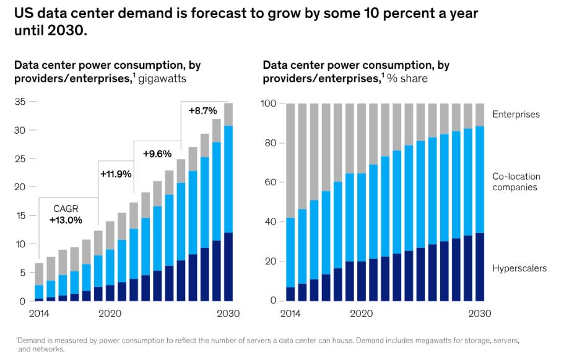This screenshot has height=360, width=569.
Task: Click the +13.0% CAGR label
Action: click(x=65, y=219)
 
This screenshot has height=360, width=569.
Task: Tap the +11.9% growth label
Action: click(x=116, y=174)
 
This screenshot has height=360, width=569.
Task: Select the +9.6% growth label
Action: click(x=157, y=154)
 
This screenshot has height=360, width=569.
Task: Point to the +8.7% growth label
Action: click(x=203, y=111)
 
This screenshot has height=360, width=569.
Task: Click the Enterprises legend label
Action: click(x=516, y=115)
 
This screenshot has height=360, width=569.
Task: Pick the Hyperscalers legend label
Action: click(x=519, y=268)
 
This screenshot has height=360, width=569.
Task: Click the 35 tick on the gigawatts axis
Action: click(x=20, y=102)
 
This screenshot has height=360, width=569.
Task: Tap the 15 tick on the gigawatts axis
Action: click(x=20, y=216)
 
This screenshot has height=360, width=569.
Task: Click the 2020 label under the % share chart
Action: click(x=361, y=314)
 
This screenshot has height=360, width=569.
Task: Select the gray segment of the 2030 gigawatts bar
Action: click(x=228, y=115)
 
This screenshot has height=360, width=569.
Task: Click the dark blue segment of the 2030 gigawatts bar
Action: click(x=228, y=266)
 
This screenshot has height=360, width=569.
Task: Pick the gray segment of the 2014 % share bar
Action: click(x=290, y=160)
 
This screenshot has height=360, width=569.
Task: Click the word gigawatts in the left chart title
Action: click(x=163, y=79)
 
